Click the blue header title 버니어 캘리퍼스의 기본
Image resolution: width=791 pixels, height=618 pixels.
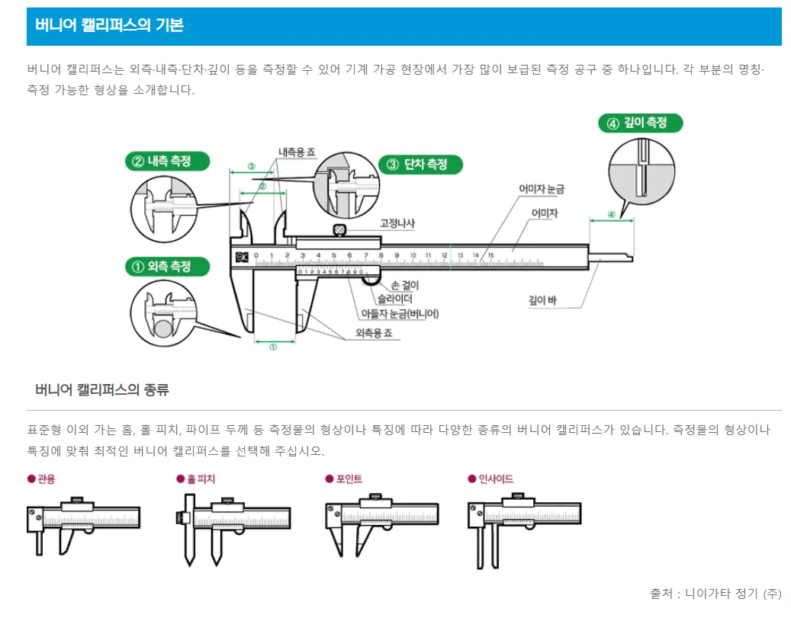[x=109, y=25]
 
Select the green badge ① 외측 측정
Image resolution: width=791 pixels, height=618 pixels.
[x=167, y=267]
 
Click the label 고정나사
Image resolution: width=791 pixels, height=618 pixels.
[x=397, y=224]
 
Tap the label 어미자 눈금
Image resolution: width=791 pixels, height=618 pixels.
[x=541, y=188]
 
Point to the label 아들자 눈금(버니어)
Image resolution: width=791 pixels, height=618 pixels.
[x=400, y=313]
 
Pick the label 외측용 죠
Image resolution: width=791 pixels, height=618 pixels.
[x=374, y=333]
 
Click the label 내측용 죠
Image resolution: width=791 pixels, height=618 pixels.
[x=297, y=152]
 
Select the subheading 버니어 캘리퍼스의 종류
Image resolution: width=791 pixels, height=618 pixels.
[x=102, y=390]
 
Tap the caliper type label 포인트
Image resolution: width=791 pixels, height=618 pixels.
[x=348, y=479]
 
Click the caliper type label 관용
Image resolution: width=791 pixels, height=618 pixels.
[x=47, y=479]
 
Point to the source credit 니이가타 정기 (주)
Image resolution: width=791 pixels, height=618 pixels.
[x=733, y=593]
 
